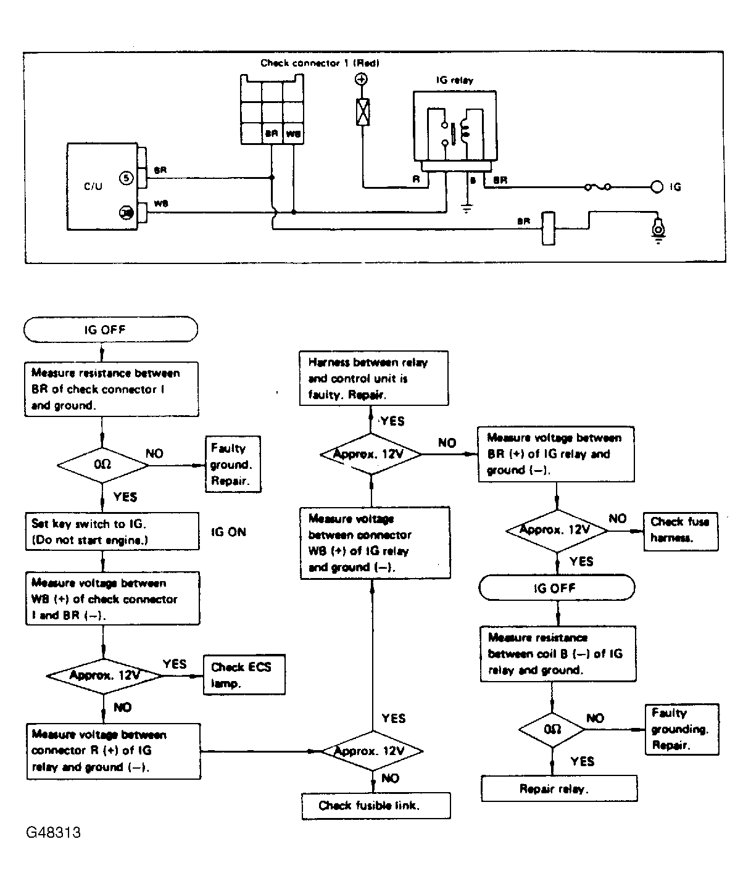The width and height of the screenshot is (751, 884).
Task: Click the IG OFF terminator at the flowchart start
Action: (110, 329)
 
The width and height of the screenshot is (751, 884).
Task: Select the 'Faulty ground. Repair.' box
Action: (233, 465)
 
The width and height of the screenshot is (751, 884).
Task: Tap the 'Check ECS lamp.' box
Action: (244, 675)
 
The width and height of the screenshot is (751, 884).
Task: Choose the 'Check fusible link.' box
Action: (376, 806)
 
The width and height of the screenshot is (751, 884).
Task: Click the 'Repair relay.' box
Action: (558, 789)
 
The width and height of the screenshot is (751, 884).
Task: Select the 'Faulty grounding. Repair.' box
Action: (681, 729)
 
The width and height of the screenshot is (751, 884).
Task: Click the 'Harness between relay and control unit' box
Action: (373, 378)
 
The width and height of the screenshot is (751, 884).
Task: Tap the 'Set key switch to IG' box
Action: (112, 531)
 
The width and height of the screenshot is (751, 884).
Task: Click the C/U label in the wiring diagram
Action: (93, 186)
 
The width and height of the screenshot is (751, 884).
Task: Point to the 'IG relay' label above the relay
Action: (454, 80)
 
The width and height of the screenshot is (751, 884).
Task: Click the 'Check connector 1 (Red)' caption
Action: (319, 63)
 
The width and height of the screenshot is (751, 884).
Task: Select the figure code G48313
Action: (53, 832)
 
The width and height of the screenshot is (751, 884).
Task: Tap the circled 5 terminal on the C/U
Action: (125, 178)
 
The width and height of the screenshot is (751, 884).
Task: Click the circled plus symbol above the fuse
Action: (362, 79)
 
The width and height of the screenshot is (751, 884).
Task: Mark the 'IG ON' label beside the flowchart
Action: (228, 532)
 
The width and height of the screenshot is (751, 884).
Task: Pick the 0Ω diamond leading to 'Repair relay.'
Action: (552, 730)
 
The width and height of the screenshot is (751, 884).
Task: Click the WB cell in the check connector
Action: (293, 133)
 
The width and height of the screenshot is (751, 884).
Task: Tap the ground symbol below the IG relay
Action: (467, 208)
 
